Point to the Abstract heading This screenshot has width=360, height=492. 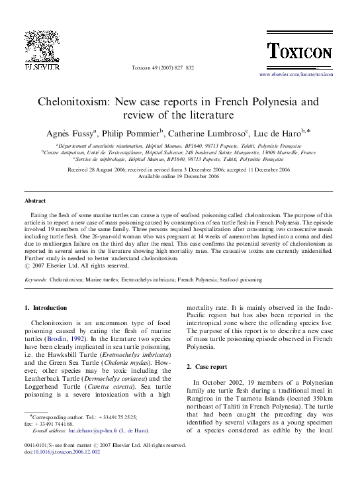point(35,200)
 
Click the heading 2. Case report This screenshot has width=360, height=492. point(206,366)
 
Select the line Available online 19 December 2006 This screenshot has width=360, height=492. point(179,177)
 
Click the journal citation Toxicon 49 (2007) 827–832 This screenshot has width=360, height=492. point(163,68)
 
